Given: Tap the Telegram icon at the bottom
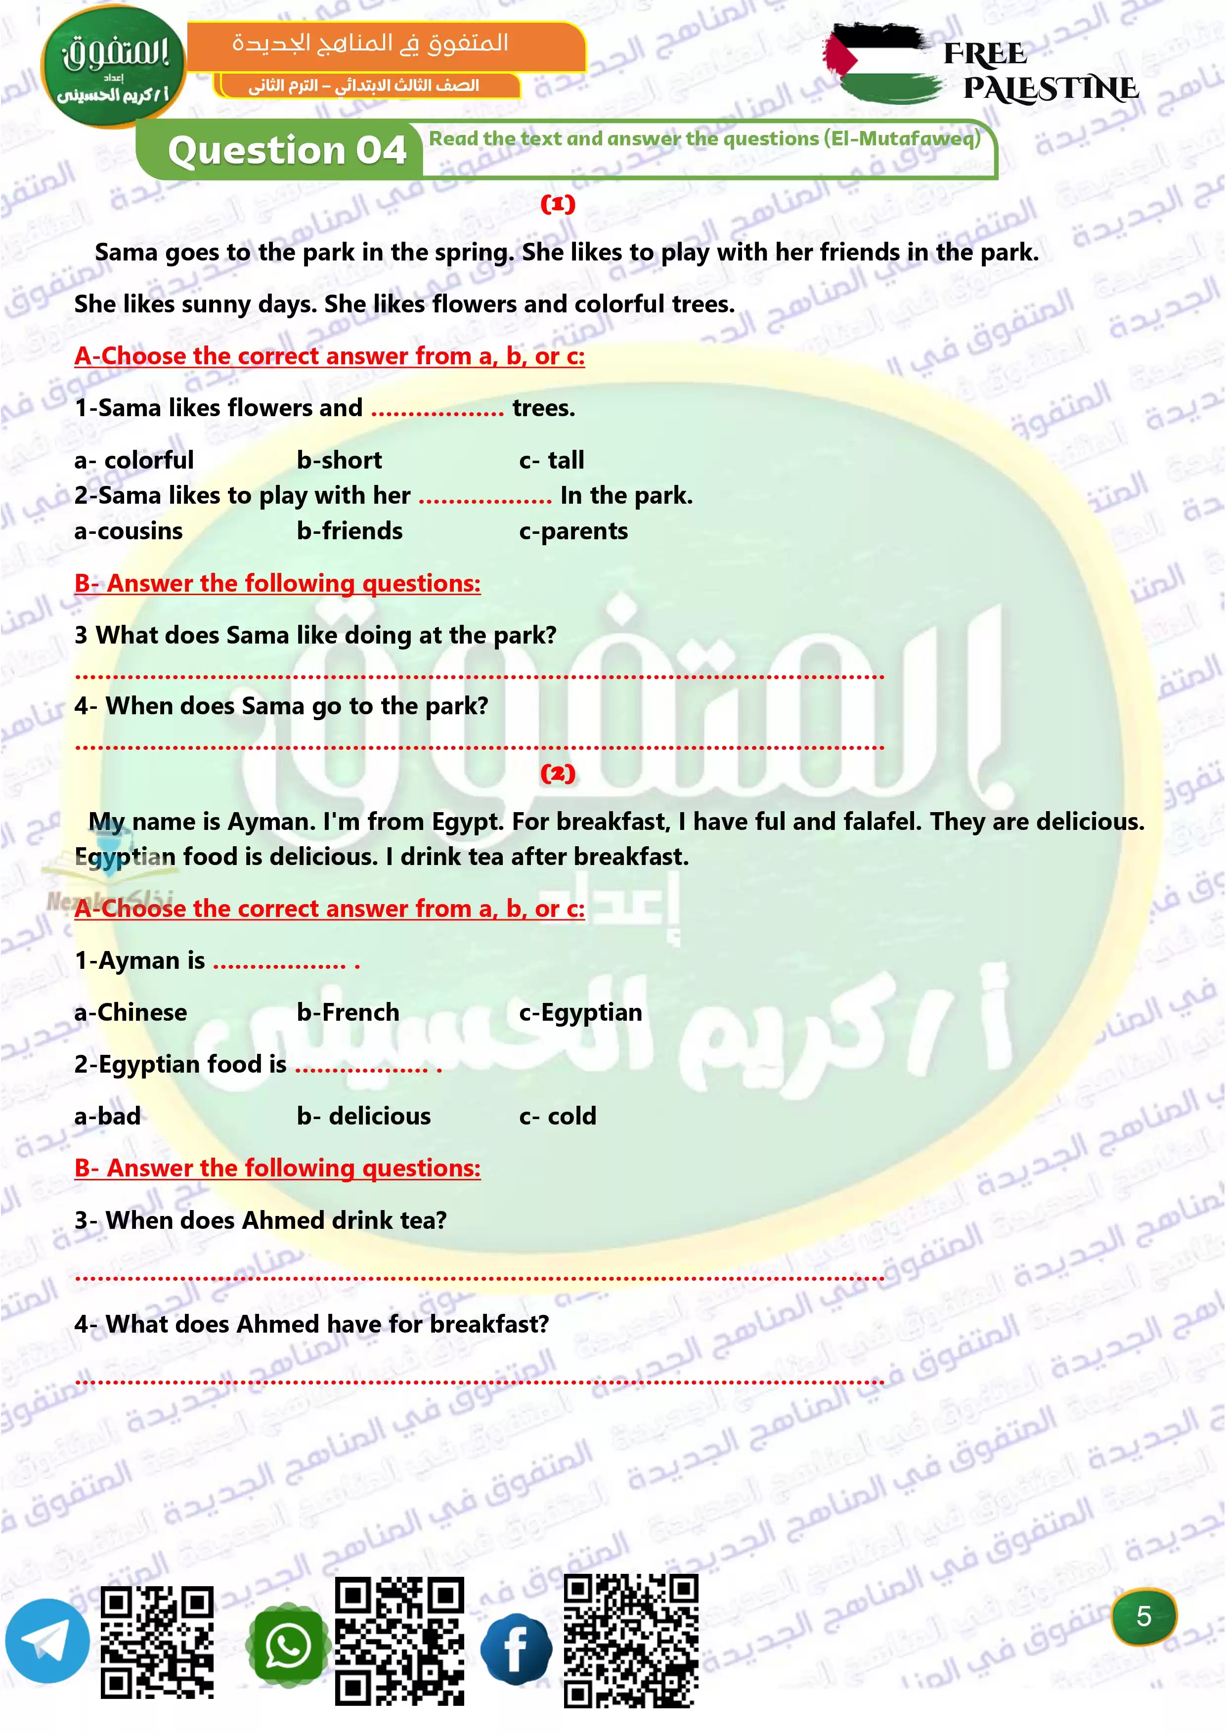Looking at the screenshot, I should click(x=47, y=1641).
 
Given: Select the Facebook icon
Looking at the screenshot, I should click(x=516, y=1648).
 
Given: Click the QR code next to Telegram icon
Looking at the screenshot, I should click(x=157, y=1641).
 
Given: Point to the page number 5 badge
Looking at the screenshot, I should click(x=1143, y=1616).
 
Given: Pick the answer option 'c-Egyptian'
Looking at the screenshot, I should click(x=580, y=1012).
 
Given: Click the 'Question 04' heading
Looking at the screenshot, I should click(x=287, y=150).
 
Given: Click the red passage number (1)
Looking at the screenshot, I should click(x=558, y=204).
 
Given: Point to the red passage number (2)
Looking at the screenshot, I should click(x=558, y=774).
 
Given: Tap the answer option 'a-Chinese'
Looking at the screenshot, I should click(x=131, y=1012).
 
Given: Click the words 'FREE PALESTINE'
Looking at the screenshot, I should click(x=1041, y=72).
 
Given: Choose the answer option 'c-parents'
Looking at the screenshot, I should click(x=573, y=531).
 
